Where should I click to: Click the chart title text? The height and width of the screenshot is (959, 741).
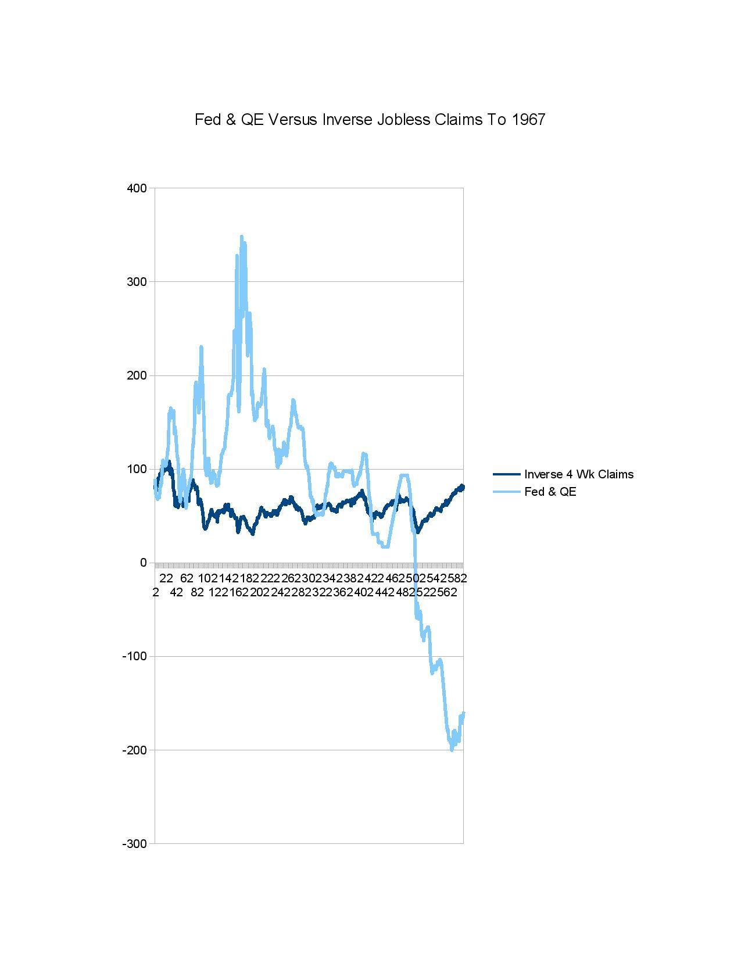click(370, 120)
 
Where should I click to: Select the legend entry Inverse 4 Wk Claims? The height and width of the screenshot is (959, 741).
click(578, 474)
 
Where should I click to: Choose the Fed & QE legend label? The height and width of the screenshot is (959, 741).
click(550, 492)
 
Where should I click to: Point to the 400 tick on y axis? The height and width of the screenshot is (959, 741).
click(137, 188)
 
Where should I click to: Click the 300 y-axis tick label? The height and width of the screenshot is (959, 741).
click(137, 282)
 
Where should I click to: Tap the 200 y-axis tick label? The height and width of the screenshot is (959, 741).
click(137, 375)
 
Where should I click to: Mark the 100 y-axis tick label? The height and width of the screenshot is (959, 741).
click(137, 469)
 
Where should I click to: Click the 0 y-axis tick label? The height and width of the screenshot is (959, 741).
click(143, 563)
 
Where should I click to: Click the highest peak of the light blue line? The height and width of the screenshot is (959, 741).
click(242, 237)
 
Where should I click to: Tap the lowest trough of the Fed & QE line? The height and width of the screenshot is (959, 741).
click(452, 749)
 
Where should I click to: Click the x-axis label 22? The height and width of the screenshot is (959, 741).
click(166, 578)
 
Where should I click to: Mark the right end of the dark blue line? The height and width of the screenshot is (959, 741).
click(463, 487)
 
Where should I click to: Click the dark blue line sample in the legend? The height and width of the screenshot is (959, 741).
click(506, 474)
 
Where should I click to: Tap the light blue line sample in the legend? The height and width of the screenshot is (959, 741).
click(506, 492)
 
